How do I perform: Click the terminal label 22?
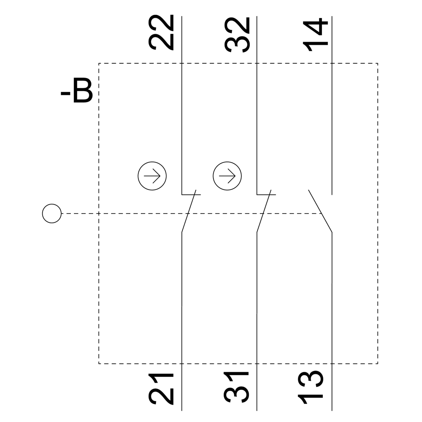click(162, 33)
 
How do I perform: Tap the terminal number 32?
click(237, 34)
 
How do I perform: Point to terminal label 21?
click(162, 387)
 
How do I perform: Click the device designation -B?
click(76, 91)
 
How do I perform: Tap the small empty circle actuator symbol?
click(52, 214)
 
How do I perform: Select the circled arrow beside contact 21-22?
click(152, 175)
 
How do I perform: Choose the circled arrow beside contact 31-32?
click(227, 175)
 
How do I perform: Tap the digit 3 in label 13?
click(311, 378)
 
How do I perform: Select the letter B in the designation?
click(83, 91)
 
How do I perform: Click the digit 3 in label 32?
click(237, 43)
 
